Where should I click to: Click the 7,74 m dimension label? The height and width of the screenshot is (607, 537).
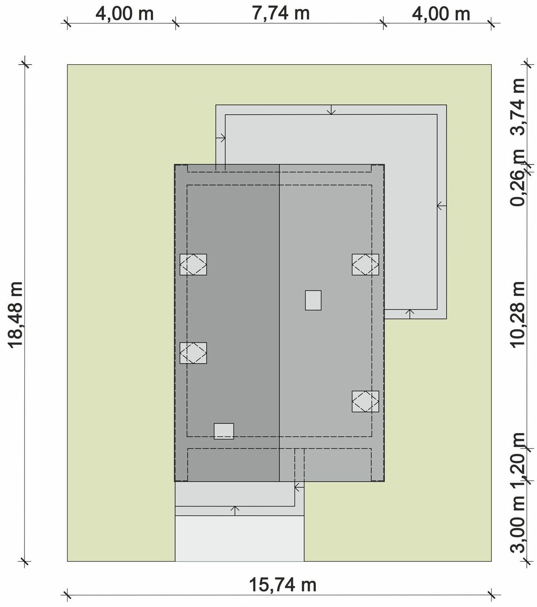point(281,13)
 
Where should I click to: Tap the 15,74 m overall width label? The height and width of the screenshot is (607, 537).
point(283,585)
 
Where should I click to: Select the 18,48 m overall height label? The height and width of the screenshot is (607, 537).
point(15,315)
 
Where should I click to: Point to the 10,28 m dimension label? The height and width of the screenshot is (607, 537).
point(517,314)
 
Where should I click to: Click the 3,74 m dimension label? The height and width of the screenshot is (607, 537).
point(517,107)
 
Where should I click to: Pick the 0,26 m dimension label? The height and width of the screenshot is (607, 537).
point(517,178)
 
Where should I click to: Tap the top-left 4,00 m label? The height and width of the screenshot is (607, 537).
point(125,14)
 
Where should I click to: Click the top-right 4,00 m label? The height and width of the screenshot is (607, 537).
point(441,14)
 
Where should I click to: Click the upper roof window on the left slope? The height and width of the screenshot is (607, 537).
point(193,264)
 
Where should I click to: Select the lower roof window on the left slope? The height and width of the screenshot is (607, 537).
point(193,353)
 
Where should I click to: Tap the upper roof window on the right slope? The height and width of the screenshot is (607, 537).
point(365,264)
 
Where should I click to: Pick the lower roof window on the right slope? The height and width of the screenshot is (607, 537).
point(365,402)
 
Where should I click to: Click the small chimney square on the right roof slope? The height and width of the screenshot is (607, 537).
point(313,300)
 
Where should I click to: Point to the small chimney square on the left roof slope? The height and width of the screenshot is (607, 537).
point(224,431)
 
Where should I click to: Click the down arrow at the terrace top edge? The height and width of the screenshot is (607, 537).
point(331,110)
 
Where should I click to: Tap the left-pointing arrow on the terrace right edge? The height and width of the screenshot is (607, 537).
point(442,206)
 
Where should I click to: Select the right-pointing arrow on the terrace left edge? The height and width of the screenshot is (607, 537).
point(220,138)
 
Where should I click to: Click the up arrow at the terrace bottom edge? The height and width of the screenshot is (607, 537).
point(410,314)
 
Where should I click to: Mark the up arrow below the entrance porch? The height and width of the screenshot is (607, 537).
point(235,511)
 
